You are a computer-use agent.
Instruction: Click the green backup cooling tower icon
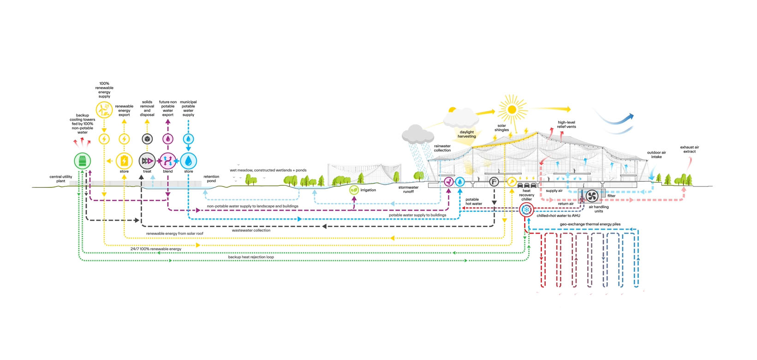click(83, 161)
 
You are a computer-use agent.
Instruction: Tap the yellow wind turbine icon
click(104, 110)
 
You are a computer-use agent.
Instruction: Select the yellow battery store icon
click(124, 161)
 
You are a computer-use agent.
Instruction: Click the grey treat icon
click(147, 161)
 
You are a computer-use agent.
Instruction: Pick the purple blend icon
click(168, 161)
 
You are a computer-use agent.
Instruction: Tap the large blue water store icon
click(189, 161)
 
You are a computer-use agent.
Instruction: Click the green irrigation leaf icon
click(354, 190)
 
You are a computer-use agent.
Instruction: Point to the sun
click(512, 109)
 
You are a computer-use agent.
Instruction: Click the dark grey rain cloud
click(417, 134)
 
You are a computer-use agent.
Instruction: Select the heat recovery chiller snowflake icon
click(526, 210)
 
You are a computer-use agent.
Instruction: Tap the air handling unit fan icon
click(592, 196)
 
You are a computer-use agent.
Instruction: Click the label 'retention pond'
click(211, 179)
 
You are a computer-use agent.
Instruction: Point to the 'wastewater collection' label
click(251, 230)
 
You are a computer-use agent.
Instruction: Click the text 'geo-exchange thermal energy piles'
click(590, 224)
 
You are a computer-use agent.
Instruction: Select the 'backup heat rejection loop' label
click(251, 257)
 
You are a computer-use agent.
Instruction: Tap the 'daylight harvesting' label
click(467, 134)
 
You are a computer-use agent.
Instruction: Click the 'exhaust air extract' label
click(689, 150)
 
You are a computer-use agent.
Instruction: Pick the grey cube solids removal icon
click(147, 139)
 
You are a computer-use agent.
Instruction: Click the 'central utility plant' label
click(61, 179)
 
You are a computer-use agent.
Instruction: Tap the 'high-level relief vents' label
click(566, 125)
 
